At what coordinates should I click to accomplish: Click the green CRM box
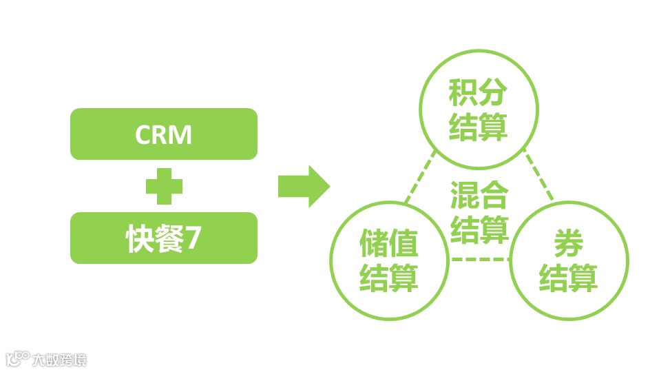point(163,134)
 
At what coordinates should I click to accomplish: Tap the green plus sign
point(164,186)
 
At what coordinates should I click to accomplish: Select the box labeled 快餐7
point(163,238)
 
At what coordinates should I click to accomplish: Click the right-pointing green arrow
point(303,186)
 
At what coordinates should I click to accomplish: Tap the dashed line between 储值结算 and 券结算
point(479,259)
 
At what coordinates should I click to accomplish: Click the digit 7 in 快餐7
point(194,238)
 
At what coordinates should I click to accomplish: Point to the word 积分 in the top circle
point(478,92)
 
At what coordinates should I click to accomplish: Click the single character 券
point(568,245)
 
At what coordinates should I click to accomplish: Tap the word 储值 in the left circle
point(389,245)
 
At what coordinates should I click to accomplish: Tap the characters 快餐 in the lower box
point(152,238)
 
